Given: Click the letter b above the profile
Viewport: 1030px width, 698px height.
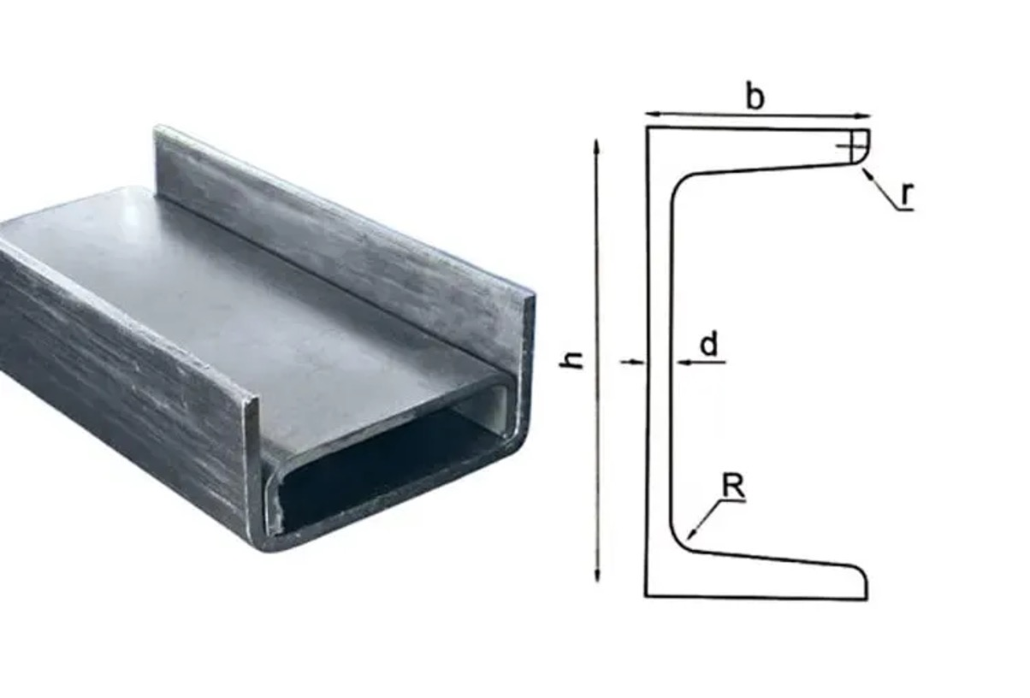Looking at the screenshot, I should coord(754,97).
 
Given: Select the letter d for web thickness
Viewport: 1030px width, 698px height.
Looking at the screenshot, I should coord(708,345).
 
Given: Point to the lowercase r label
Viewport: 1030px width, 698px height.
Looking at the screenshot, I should coord(907,194).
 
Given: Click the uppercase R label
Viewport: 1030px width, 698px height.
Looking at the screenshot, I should coord(733,487).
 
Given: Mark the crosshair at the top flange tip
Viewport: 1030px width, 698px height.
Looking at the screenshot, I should coord(852,148).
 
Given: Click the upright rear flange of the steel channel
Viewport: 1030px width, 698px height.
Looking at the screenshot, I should coord(342,248).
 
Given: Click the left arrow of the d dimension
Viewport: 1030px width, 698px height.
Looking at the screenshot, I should coord(638,363).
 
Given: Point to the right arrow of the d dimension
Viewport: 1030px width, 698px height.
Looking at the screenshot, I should coord(681,363).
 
